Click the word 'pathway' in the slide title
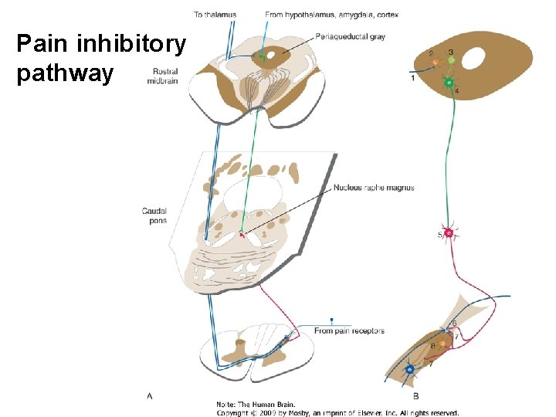pos(65,74)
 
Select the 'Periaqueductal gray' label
pos(350,36)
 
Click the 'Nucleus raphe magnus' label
pos(374,188)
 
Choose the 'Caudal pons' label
pos(154,215)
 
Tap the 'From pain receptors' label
pos(349,331)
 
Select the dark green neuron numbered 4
pos(448,82)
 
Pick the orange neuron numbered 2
pos(436,62)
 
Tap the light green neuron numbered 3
pos(451,60)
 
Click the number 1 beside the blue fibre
pos(413,78)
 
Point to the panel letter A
pos(150,396)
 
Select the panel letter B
pos(416,396)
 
